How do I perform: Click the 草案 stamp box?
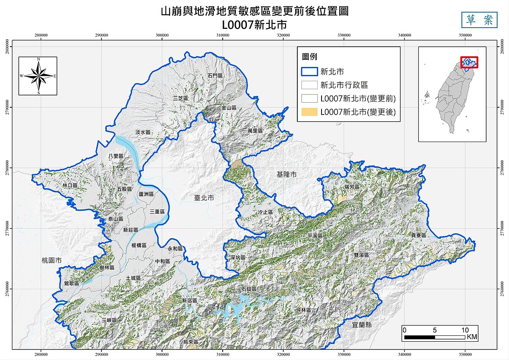click(x=479, y=20)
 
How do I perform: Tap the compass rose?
click(x=38, y=76)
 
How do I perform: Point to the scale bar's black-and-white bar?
click(x=435, y=337)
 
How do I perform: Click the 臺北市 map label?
click(x=204, y=198)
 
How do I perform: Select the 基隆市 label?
click(x=287, y=174)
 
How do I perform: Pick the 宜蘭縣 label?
click(x=362, y=325)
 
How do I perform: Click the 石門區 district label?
click(x=215, y=75)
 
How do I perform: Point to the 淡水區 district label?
click(x=143, y=132)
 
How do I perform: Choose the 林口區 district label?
click(x=70, y=186)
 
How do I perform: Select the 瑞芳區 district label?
click(x=352, y=187)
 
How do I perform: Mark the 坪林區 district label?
click(x=304, y=311)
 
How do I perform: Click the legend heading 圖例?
click(x=310, y=57)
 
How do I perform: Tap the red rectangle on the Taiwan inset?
click(x=469, y=62)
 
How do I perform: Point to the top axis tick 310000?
click(x=223, y=36)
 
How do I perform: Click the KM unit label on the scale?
click(x=472, y=337)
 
